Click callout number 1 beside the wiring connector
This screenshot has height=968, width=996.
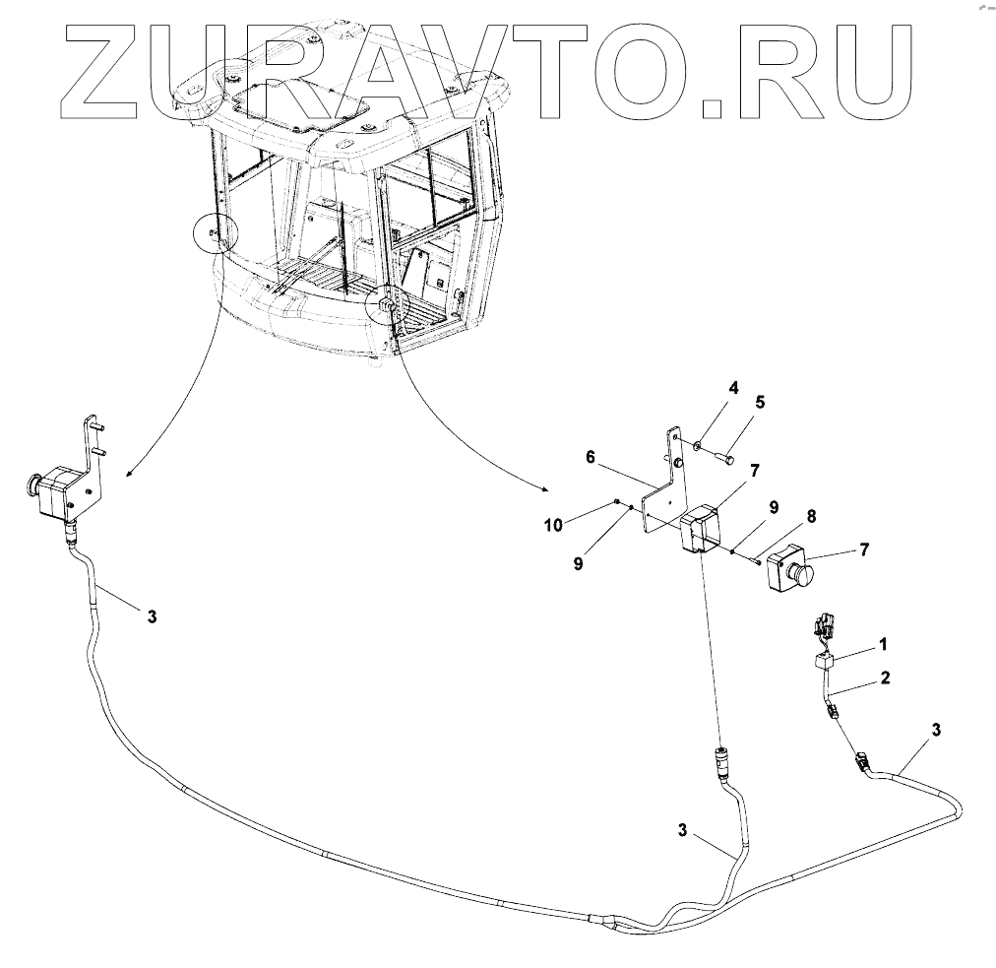pyautogui.click(x=882, y=644)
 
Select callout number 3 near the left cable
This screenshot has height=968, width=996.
pyautogui.click(x=151, y=616)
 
